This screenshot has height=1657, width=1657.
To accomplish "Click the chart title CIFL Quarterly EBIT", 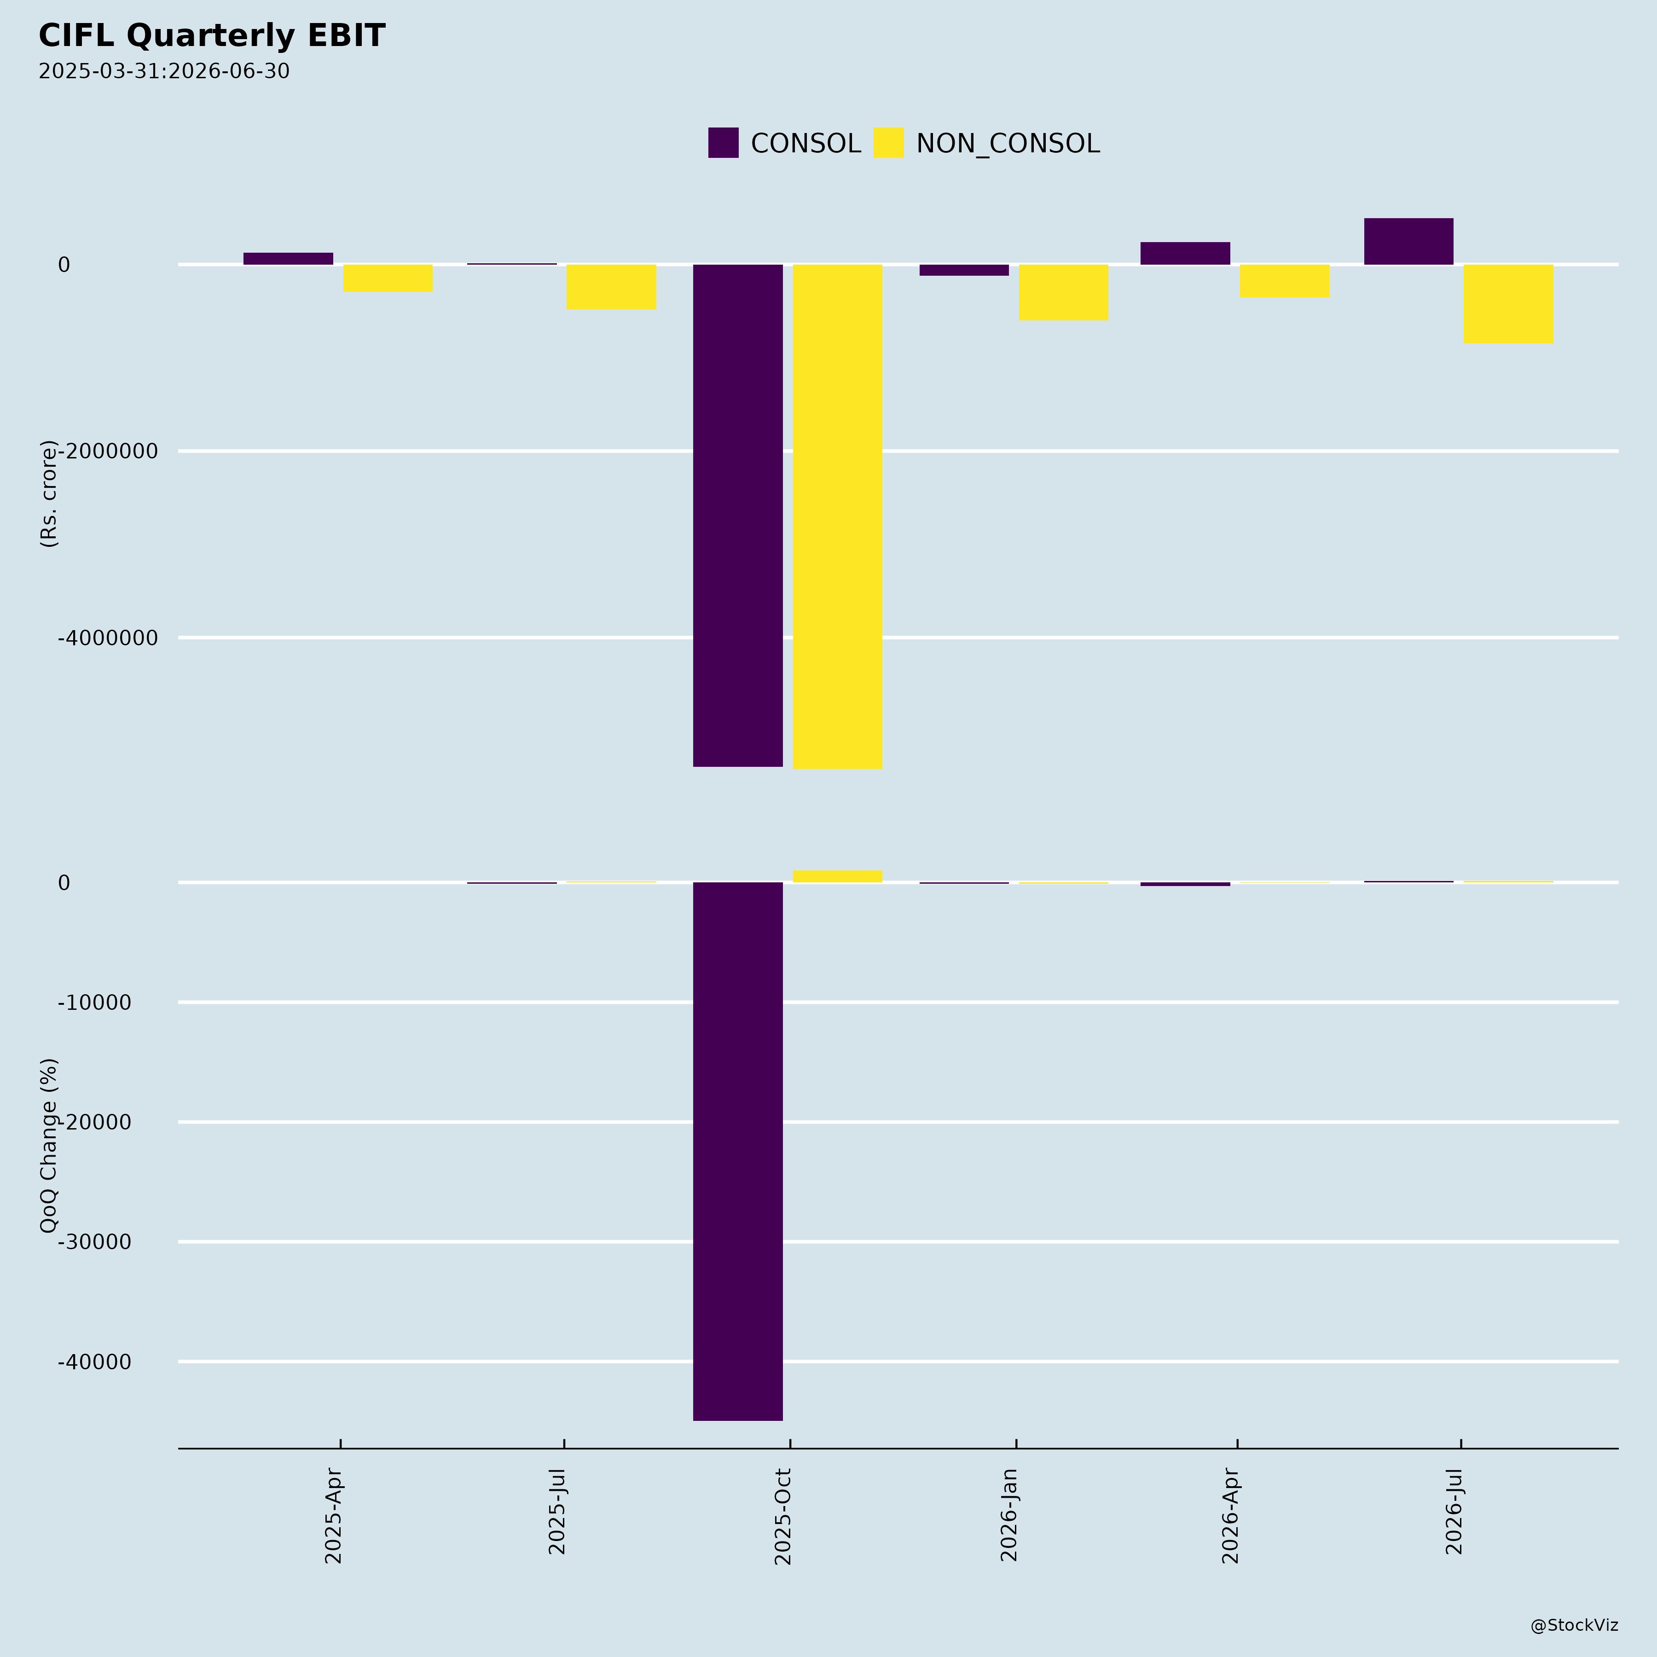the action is click(x=212, y=36).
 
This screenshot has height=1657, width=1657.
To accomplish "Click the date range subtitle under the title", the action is click(x=164, y=71).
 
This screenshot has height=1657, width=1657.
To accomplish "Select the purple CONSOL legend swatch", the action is click(x=723, y=142).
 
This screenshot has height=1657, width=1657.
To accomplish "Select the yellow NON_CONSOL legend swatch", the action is click(x=888, y=142).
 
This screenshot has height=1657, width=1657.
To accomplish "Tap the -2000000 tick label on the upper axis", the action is click(x=108, y=451).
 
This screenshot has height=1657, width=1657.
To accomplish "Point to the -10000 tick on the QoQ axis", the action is click(x=94, y=1002).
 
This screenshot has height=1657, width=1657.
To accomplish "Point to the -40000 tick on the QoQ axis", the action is click(x=94, y=1362).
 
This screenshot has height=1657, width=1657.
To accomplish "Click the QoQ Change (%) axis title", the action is click(x=49, y=1145).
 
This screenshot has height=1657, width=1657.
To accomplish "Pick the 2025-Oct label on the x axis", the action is click(x=783, y=1516).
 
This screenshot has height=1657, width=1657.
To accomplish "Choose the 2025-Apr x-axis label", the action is click(x=334, y=1516).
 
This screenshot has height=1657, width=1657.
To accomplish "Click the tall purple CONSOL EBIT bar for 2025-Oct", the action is click(x=737, y=516).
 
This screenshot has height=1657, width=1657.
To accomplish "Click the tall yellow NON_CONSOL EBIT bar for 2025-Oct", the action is click(x=837, y=516).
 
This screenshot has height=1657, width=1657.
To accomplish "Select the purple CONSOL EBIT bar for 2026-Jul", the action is click(x=1408, y=241).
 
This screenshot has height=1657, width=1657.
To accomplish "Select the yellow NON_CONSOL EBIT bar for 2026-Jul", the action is click(x=1508, y=304).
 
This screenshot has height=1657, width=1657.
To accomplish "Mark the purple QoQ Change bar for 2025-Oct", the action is click(x=737, y=1151).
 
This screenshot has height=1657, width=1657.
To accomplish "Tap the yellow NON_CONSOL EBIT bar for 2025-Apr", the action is click(x=388, y=278).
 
